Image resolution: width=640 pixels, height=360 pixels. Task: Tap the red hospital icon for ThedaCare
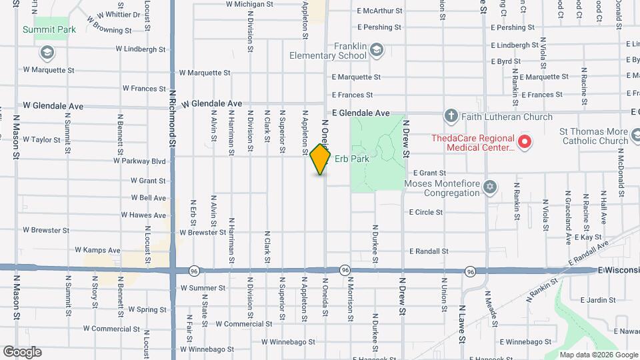[x=524, y=141]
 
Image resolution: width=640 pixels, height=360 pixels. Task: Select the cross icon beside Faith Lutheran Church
[x=451, y=117]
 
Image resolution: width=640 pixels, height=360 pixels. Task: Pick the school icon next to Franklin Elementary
[x=377, y=50]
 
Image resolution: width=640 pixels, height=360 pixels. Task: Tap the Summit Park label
[x=49, y=29]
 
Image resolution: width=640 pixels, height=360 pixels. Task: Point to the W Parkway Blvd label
[x=140, y=161]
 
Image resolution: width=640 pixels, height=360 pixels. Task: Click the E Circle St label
[x=426, y=212]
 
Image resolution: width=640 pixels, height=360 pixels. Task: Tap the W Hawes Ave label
[x=143, y=215]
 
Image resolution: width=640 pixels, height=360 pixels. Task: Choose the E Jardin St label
[x=597, y=299]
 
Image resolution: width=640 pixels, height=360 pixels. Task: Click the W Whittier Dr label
[x=119, y=14]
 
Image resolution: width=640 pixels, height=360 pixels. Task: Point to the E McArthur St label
[x=379, y=11]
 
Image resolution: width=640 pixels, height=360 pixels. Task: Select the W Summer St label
[x=203, y=288]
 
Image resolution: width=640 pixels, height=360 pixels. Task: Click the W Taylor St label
[x=41, y=140]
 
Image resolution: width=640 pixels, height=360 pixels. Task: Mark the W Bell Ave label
[x=148, y=198]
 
